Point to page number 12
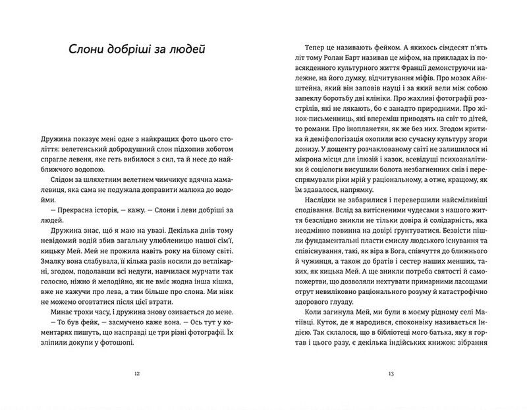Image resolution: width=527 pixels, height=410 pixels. [x=136, y=374]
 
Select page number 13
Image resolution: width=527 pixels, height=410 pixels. [x=391, y=374]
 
